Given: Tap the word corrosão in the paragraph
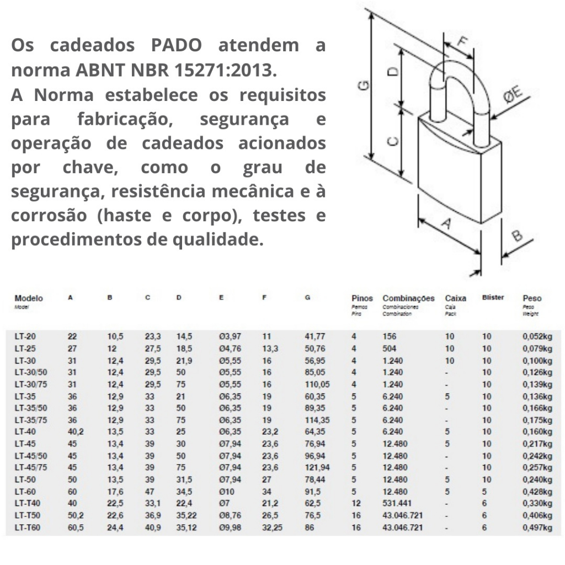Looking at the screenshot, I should coord(48,216).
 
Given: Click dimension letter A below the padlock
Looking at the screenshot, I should coord(447,223).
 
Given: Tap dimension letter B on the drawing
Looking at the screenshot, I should coord(516,236).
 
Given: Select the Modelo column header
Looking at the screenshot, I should coord(29,298).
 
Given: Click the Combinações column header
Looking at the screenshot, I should coord(408,298).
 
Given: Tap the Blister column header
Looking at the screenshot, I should coord(493,297).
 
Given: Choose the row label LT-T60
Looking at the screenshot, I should coord(27,528).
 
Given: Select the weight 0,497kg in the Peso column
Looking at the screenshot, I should coord(537,528).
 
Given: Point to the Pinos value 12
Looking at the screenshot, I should coord(356,503).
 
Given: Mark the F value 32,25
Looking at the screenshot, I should coord(273,528).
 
